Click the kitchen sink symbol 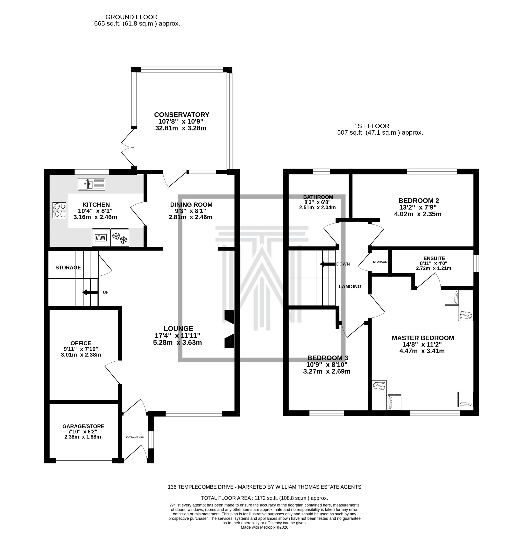pyautogui.click(x=91, y=184)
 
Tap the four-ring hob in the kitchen pyautogui.click(x=59, y=210)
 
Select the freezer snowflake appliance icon pyautogui.click(x=120, y=238)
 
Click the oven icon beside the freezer pyautogui.click(x=101, y=238)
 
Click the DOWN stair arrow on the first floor pyautogui.click(x=327, y=264)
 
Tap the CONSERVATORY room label pyautogui.click(x=182, y=115)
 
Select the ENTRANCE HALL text pyautogui.click(x=135, y=437)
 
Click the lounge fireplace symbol pyautogui.click(x=228, y=329)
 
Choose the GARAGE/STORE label pyautogui.click(x=83, y=427)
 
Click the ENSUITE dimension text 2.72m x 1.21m pyautogui.click(x=434, y=268)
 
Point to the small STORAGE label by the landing pyautogui.click(x=379, y=262)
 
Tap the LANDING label pyautogui.click(x=350, y=287)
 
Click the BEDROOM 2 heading pyautogui.click(x=418, y=200)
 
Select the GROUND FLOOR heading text pyautogui.click(x=132, y=17)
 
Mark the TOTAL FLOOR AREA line pyautogui.click(x=264, y=498)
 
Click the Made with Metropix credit pyautogui.click(x=264, y=527)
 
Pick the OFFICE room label pyautogui.click(x=81, y=343)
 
